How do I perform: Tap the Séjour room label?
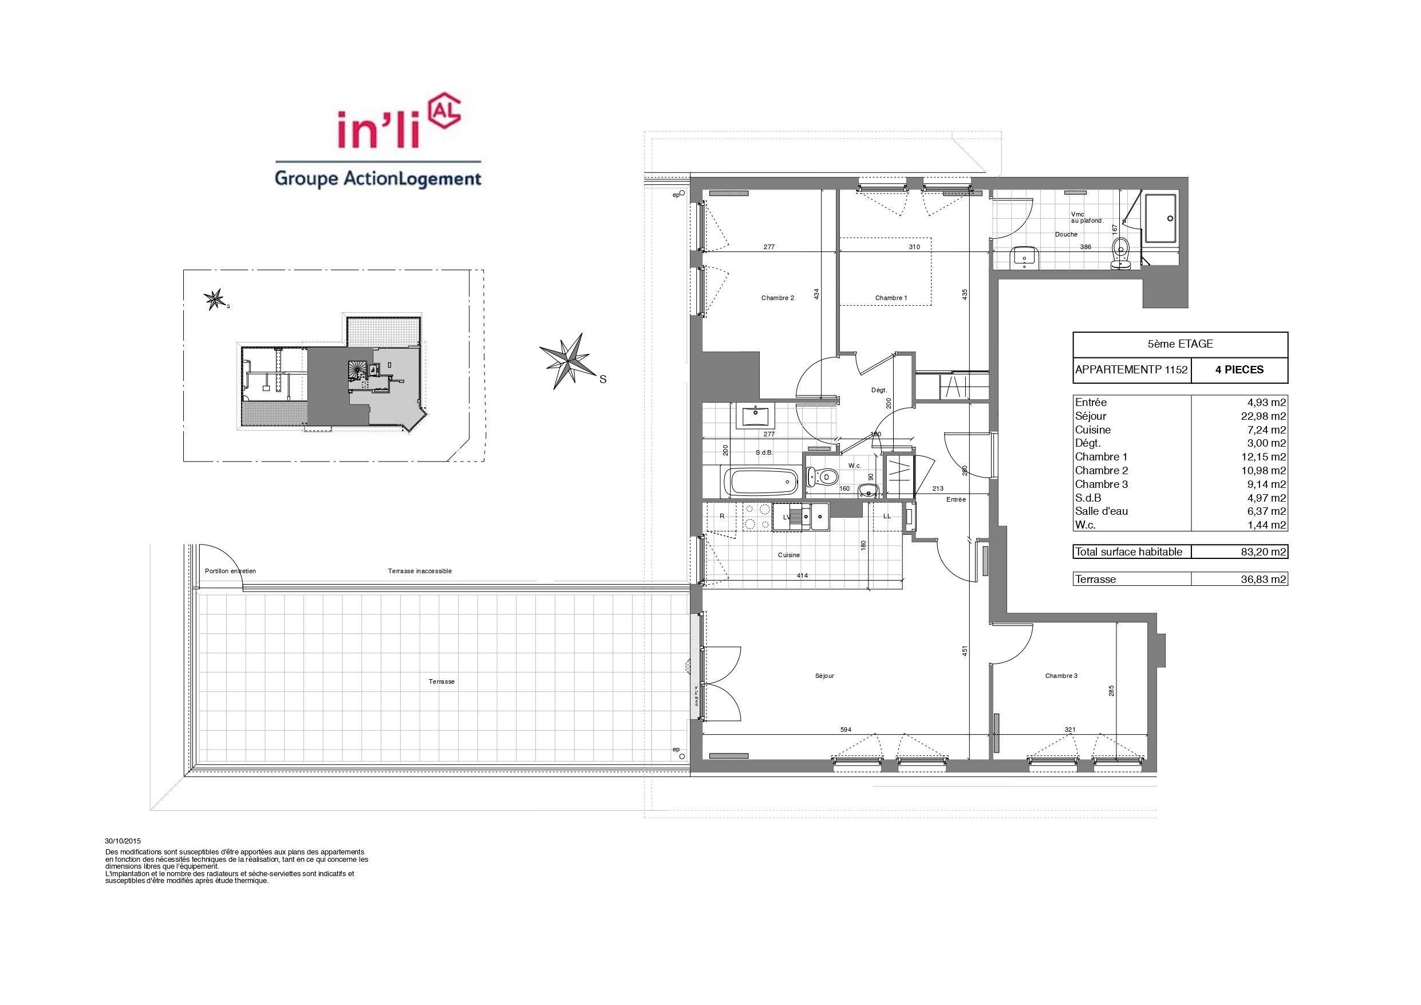(824, 676)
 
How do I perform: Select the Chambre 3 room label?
(1061, 676)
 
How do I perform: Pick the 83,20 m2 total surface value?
(1265, 551)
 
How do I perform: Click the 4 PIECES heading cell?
(1239, 371)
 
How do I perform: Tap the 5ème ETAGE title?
(1180, 344)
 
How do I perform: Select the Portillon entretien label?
(230, 571)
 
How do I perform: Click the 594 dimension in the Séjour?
(846, 730)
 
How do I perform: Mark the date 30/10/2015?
(123, 841)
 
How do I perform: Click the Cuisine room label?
(789, 555)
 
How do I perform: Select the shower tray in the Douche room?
(1161, 219)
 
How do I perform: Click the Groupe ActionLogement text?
(377, 179)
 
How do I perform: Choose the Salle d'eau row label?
(1102, 511)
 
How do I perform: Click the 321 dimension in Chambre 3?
(1069, 730)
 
